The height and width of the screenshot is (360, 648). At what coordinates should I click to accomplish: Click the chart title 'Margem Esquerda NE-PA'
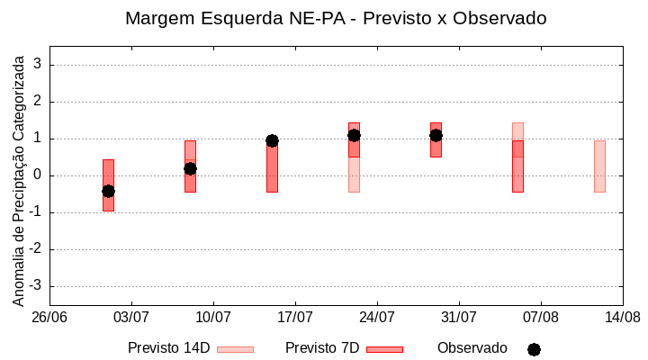pyautogui.click(x=336, y=18)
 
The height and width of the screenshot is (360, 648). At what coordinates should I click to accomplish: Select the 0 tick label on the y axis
pyautogui.click(x=38, y=175)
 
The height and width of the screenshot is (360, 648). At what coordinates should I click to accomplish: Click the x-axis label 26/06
pyautogui.click(x=49, y=318)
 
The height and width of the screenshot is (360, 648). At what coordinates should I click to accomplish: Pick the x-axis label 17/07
pyautogui.click(x=295, y=318)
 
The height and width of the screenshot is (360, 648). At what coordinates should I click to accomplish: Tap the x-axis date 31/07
pyautogui.click(x=459, y=318)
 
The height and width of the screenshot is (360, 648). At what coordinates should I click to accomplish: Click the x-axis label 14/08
pyautogui.click(x=622, y=318)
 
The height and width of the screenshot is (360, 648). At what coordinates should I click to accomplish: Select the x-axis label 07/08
pyautogui.click(x=540, y=318)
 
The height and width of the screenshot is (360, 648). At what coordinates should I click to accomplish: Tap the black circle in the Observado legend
pyautogui.click(x=534, y=349)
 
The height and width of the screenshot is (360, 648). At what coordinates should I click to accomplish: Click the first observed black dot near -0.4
pyautogui.click(x=108, y=191)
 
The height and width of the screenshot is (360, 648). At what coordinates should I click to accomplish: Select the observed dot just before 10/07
pyautogui.click(x=190, y=168)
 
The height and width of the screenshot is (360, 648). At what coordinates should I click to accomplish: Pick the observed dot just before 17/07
pyautogui.click(x=272, y=140)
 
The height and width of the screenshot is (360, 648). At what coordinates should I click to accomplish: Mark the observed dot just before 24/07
pyautogui.click(x=354, y=135)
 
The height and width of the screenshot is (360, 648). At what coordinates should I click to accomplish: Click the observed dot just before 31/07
pyautogui.click(x=436, y=135)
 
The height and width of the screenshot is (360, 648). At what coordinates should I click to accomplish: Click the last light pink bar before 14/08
pyautogui.click(x=599, y=166)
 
